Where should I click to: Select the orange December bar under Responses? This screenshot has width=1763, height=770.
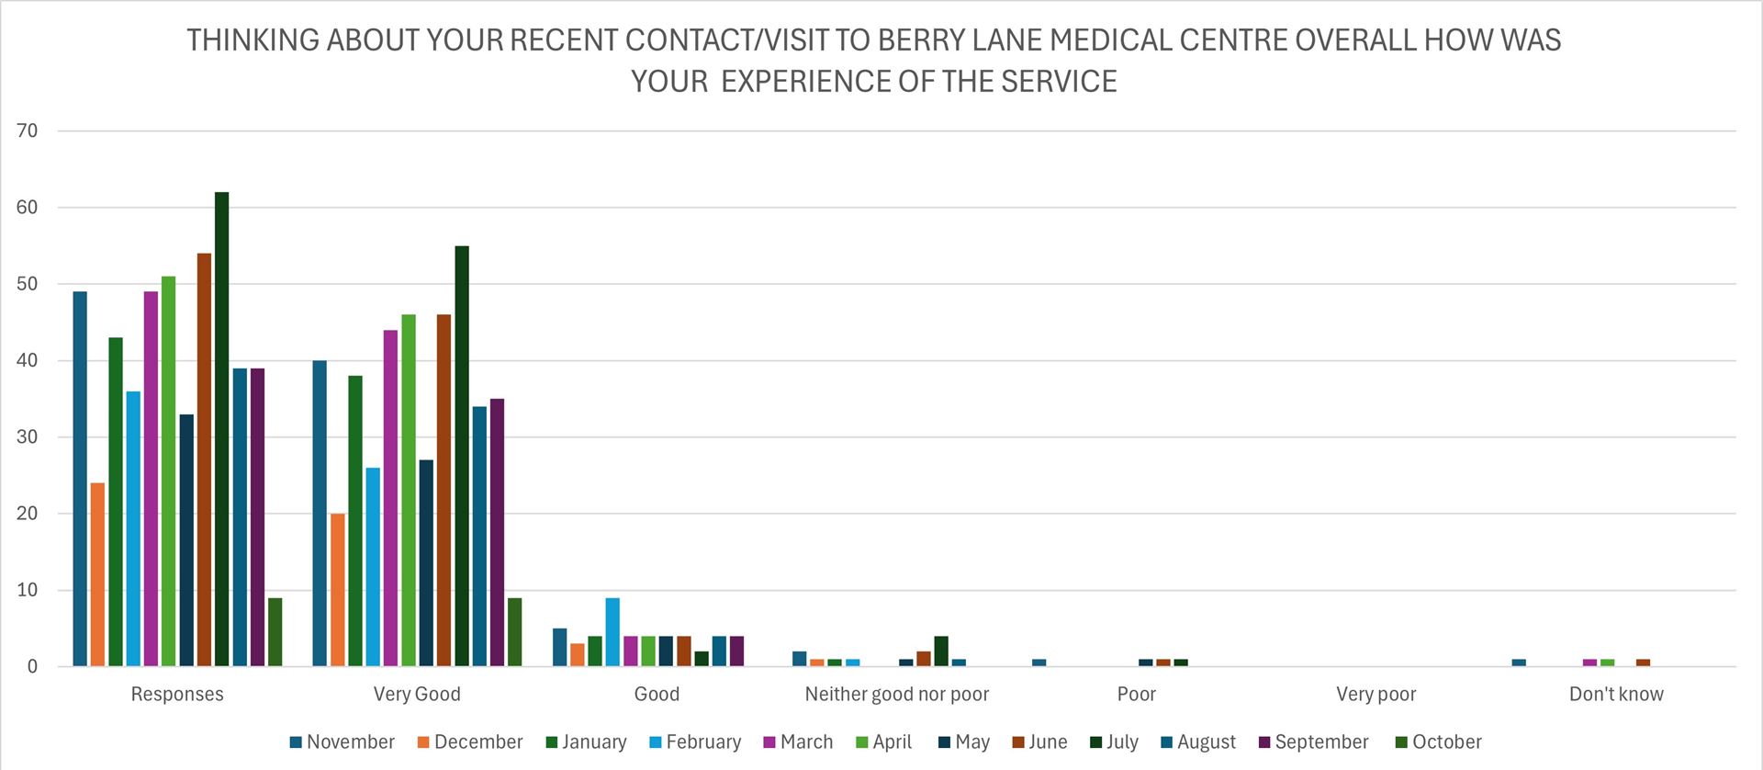[97, 574]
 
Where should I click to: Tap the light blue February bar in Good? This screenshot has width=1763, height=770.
[612, 632]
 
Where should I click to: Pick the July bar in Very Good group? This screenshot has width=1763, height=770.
[462, 456]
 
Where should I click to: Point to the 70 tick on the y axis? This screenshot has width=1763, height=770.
[28, 130]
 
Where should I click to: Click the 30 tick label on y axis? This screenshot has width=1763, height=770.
[28, 437]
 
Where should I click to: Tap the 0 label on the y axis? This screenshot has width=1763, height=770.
[33, 667]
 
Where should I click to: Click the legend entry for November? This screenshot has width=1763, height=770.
[342, 742]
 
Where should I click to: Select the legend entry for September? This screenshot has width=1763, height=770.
[1313, 742]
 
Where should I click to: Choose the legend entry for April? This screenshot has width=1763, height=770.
[883, 742]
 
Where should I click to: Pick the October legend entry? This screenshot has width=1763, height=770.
[1438, 742]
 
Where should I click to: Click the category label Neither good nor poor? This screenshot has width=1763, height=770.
[897, 695]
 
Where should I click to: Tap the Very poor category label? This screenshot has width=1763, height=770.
[1376, 695]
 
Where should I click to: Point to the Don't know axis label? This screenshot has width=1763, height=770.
[1616, 695]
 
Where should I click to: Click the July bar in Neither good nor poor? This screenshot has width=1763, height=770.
[941, 651]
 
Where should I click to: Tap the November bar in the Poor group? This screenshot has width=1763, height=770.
[1039, 662]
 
